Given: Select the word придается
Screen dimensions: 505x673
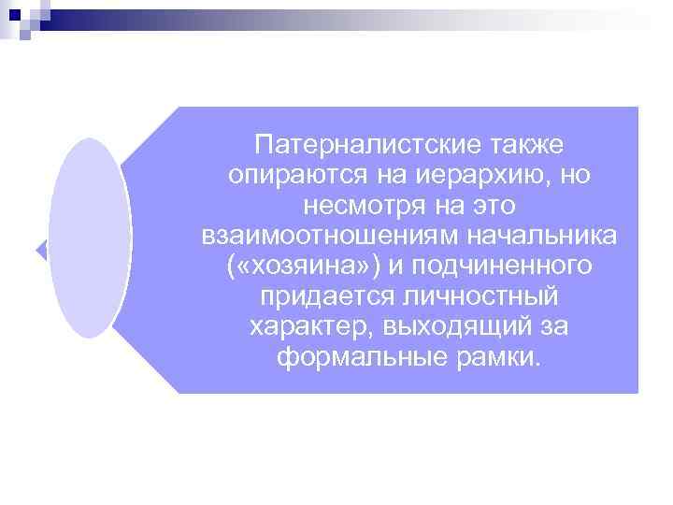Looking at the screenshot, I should pos(320,297).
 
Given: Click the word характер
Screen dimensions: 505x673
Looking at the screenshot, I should pos(301,327).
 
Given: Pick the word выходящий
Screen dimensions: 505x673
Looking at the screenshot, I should pos(450,327).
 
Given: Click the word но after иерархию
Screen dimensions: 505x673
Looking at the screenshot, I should pos(571,177).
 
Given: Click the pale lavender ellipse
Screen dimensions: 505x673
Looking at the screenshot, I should pos(90,238).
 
